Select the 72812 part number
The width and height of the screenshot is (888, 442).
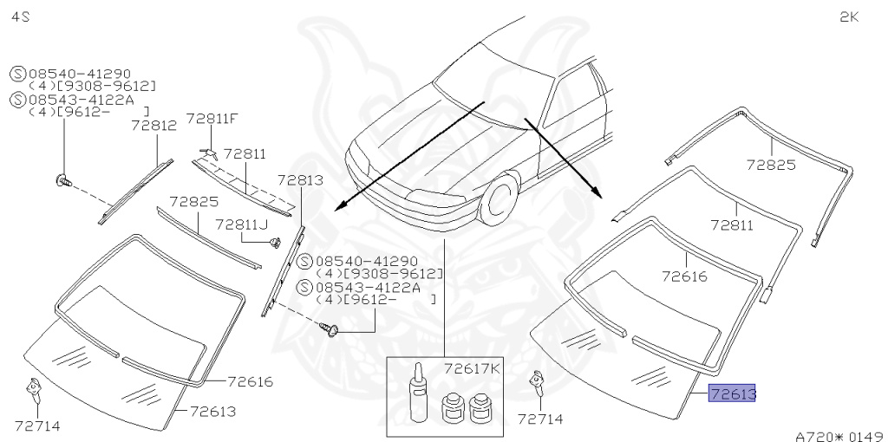154,125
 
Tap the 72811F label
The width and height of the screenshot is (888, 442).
212,118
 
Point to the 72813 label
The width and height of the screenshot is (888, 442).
300,180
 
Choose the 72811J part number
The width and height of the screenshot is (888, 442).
241,224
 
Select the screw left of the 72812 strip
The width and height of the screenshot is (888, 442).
62,180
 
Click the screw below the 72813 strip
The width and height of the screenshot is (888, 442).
330,329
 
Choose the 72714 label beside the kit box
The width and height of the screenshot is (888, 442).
540,419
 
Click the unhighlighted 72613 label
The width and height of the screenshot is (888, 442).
212,411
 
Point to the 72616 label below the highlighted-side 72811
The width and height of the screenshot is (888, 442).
685,276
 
